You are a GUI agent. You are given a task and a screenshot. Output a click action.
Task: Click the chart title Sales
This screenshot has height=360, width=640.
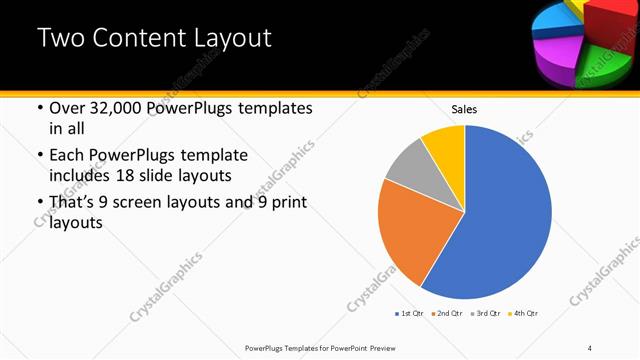coord(464,108)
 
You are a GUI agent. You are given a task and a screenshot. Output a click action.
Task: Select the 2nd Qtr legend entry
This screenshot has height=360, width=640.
coord(447,313)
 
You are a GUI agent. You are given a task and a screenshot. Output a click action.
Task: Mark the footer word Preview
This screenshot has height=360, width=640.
coord(384,347)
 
